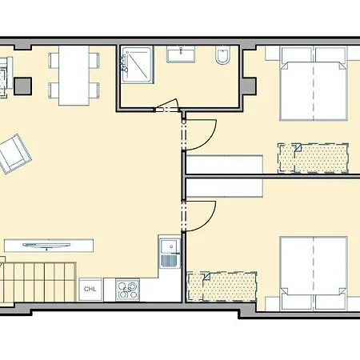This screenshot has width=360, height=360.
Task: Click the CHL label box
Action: (90, 290)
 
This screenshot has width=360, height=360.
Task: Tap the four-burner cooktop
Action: (127, 290)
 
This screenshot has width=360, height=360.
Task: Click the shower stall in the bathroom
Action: (137, 65)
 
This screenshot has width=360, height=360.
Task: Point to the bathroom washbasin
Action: (181, 54)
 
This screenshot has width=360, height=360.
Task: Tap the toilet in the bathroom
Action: (222, 55)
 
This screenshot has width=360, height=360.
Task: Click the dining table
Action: (74, 75)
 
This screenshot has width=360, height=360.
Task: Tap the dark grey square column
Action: (22, 86)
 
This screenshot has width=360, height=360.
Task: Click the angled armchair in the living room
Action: (14, 154)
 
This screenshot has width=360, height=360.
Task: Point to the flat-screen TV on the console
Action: (46, 246)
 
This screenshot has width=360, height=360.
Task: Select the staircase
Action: (38, 282)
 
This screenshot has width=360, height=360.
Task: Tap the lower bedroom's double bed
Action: (314, 274)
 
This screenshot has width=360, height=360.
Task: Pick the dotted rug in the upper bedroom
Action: (313, 158)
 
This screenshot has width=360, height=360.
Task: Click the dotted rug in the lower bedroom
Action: (222, 286)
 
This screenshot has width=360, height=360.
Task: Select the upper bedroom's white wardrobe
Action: (225, 165)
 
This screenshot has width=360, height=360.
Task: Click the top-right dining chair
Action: (94, 60)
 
